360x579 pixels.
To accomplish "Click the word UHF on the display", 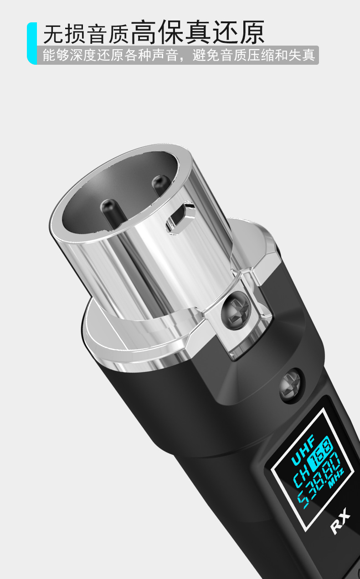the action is (303, 449).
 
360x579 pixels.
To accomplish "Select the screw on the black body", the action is (291, 385).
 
